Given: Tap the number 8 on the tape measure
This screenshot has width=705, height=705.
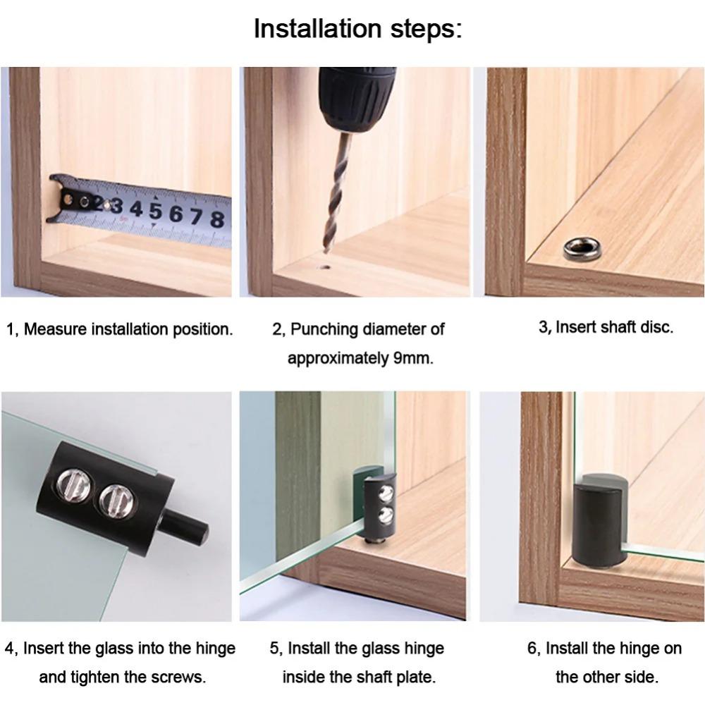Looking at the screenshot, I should (217, 219).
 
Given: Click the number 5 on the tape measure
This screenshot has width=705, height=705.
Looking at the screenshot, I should (155, 211).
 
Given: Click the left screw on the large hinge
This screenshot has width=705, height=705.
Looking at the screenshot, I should (75, 487).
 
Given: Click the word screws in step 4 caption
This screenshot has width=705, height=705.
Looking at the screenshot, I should (179, 678).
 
